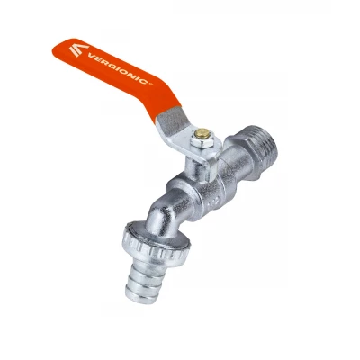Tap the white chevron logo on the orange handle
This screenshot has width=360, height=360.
pos(78,49)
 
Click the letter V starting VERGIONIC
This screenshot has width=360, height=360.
pos(90,56)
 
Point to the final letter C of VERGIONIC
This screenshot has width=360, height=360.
pos(146,81)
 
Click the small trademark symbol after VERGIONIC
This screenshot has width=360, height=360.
pos(151,85)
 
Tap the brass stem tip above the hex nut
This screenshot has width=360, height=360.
pos(202,133)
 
